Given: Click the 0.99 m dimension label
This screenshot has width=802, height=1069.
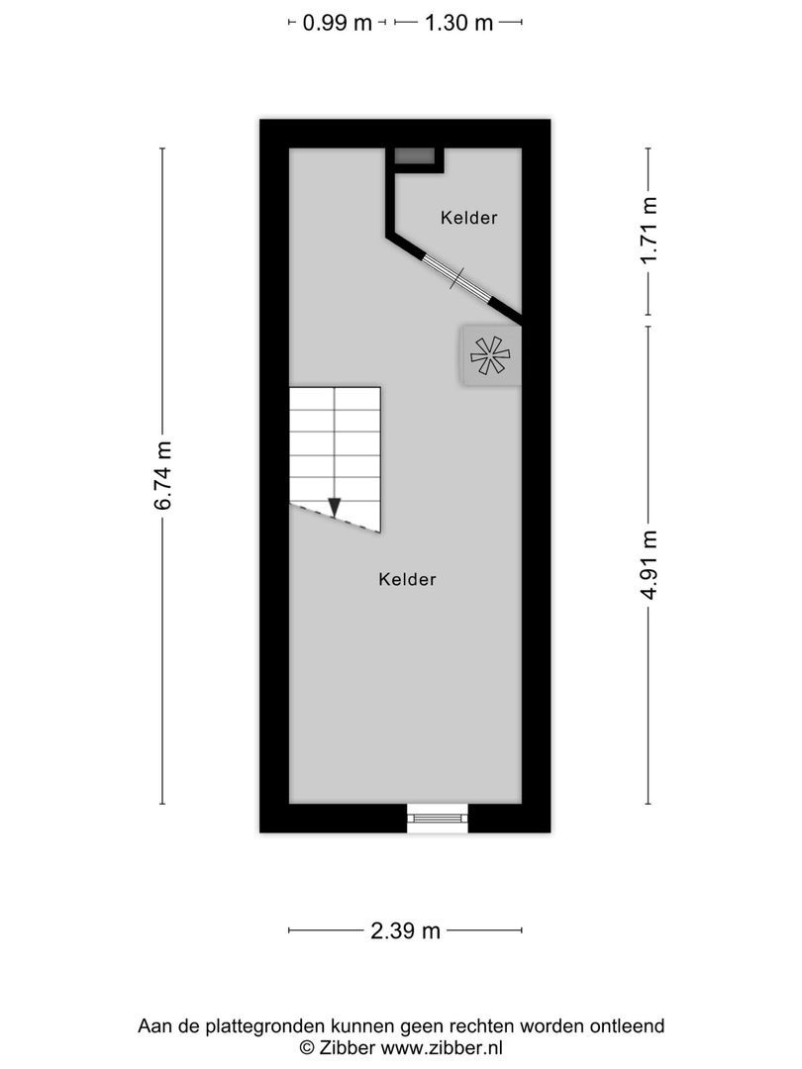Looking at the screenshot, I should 337,23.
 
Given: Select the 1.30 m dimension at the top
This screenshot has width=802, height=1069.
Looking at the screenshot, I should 458,23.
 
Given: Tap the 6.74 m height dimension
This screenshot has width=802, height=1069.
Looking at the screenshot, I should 163,475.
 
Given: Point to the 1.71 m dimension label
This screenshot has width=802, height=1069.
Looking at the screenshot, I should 649,230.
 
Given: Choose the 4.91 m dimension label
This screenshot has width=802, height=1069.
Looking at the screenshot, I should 649,565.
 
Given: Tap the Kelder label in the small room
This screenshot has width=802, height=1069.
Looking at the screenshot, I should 469,218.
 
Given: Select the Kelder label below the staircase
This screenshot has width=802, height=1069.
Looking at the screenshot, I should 407,580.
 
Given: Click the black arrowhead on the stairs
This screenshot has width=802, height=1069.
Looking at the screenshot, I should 335,507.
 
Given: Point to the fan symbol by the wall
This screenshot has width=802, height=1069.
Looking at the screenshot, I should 490,354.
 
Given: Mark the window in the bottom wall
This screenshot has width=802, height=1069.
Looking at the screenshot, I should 438,818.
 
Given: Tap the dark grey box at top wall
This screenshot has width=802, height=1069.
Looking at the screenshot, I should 415,156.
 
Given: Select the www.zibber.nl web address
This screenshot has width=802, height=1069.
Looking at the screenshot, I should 443,1047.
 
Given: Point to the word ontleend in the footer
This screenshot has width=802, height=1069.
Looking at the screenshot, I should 628,1026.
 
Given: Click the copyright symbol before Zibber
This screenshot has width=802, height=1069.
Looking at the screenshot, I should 307,1047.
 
